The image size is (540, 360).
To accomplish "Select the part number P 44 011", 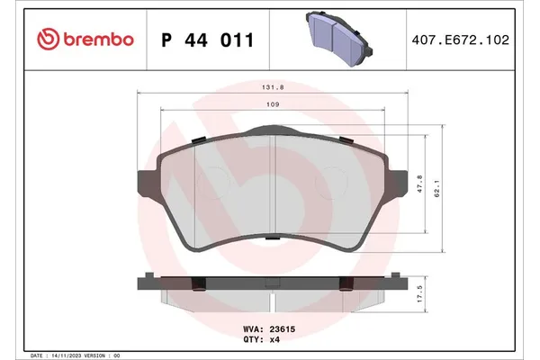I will (x=207, y=40).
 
